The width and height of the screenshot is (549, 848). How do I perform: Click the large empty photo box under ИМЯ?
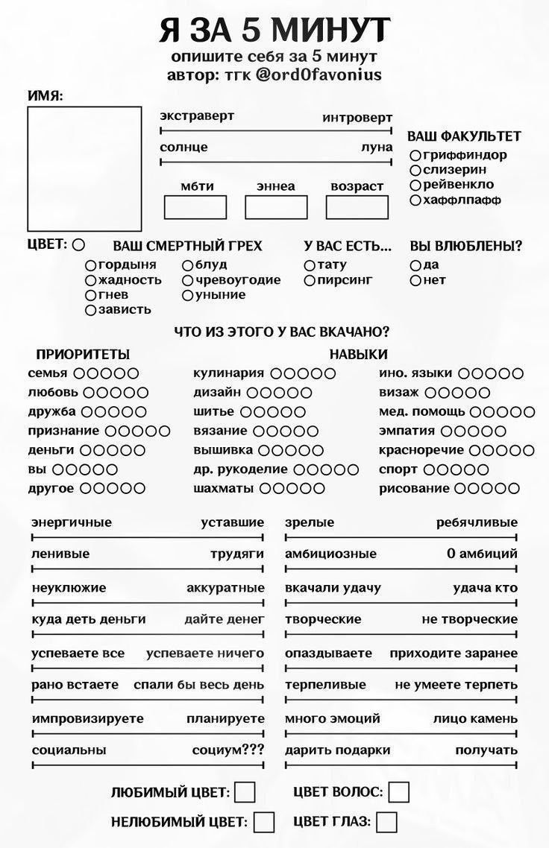click(x=84, y=168)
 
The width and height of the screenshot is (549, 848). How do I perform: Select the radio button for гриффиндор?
click(x=415, y=156)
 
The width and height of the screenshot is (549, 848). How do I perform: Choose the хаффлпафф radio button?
click(x=415, y=200)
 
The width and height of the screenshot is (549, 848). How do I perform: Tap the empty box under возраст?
click(x=357, y=207)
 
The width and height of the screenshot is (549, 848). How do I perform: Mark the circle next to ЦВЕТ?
click(x=78, y=244)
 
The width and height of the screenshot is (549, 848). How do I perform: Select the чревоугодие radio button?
click(x=187, y=280)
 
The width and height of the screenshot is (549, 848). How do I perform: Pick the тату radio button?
click(x=310, y=265)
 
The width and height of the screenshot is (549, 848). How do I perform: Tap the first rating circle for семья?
click(x=78, y=373)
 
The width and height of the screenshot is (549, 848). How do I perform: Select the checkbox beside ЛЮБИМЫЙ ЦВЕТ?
click(x=245, y=792)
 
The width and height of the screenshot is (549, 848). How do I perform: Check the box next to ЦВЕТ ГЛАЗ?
click(x=386, y=822)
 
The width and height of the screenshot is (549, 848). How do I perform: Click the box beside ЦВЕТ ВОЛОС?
click(x=399, y=792)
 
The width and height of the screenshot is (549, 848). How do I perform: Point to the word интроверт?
click(x=357, y=118)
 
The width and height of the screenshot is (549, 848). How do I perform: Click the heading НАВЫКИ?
click(x=359, y=354)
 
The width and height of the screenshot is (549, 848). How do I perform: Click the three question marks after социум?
click(x=252, y=750)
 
